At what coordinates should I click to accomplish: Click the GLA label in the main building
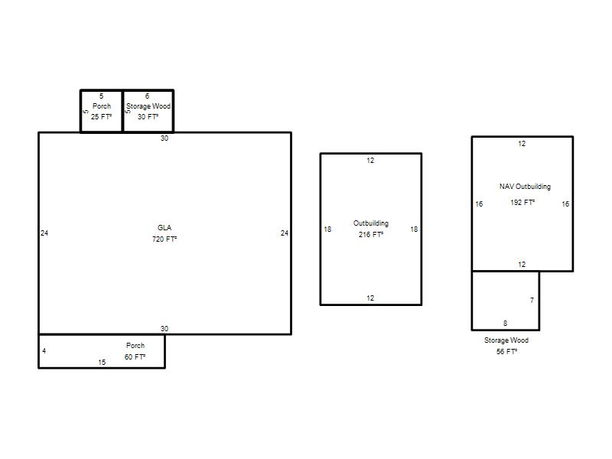[x=164, y=227]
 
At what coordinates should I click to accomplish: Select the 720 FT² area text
[x=164, y=239]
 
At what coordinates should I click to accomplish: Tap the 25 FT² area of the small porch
[x=101, y=117]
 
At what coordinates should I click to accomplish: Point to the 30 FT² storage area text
[x=148, y=117]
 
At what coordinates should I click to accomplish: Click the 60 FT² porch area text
[x=135, y=356]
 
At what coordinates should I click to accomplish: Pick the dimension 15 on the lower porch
[x=102, y=362]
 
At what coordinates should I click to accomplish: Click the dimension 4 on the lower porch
[x=44, y=351]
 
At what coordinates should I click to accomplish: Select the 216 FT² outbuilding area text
[x=371, y=235]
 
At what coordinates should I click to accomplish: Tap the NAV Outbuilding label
[x=525, y=187]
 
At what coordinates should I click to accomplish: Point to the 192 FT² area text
[x=522, y=202]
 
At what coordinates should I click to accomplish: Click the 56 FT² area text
[x=506, y=352]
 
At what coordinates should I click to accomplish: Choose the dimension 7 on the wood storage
[x=532, y=300]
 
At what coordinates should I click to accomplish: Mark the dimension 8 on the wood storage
[x=506, y=323]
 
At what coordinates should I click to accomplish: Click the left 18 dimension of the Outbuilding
[x=327, y=229]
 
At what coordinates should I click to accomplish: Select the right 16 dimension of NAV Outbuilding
[x=565, y=203]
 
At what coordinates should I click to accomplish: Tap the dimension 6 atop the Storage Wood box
[x=147, y=96]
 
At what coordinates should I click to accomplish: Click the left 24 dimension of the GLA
[x=44, y=233]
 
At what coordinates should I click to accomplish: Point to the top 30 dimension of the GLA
[x=164, y=138]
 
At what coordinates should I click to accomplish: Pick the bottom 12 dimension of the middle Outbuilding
[x=370, y=298]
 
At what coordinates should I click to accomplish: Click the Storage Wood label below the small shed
[x=506, y=340]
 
